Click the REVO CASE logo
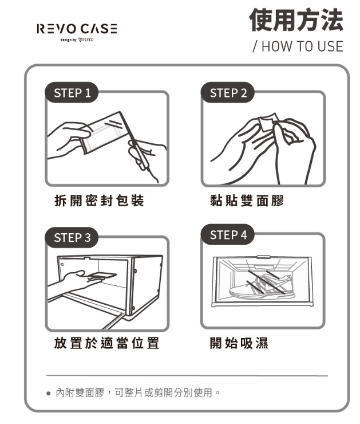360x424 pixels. (77, 29)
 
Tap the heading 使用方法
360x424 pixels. (296, 19)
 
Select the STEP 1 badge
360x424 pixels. (72, 92)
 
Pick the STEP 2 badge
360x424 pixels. (228, 92)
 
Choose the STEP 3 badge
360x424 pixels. (72, 237)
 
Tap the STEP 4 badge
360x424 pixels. (228, 234)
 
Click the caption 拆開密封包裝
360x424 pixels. (99, 201)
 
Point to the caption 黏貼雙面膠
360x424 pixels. (247, 201)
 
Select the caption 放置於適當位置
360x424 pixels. (106, 343)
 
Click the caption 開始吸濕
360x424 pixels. (239, 343)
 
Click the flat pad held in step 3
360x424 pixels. (102, 275)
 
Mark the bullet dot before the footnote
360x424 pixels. (48, 393)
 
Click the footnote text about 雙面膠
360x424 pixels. (138, 392)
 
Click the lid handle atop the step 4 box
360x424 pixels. (263, 257)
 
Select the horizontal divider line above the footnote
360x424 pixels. (187, 376)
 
